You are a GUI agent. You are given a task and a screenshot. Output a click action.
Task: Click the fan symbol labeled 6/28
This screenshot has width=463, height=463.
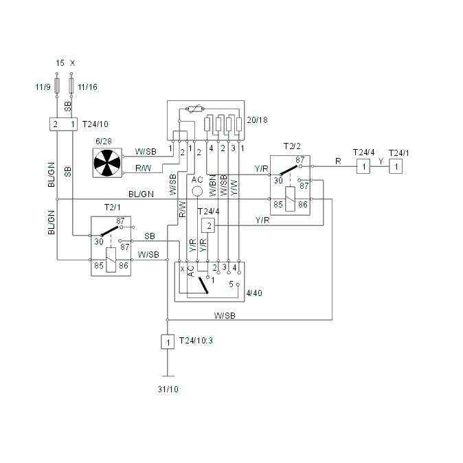[107, 163]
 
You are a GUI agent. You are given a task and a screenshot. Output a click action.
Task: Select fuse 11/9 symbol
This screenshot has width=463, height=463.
[57, 85]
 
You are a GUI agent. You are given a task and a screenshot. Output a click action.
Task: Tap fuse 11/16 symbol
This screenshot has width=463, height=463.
[71, 85]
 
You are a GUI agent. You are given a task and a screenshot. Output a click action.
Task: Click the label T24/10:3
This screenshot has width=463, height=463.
[196, 341]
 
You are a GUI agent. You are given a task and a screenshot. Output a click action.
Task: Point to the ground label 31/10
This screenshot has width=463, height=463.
[168, 389]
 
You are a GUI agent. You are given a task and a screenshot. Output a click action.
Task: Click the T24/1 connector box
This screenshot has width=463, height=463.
[396, 166]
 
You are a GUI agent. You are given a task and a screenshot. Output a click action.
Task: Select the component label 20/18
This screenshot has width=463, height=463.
[257, 120]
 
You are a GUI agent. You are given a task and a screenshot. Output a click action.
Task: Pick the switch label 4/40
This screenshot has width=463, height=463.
[254, 293]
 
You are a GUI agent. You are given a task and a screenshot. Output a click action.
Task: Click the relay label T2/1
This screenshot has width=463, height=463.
[112, 207]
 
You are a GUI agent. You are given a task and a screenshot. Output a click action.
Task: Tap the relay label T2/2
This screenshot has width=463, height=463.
[292, 146]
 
